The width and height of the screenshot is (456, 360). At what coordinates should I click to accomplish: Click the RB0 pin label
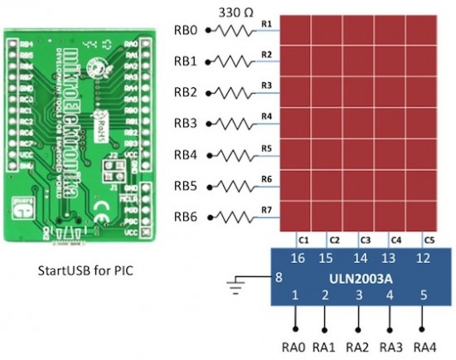coord(186,31)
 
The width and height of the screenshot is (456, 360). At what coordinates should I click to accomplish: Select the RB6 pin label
coord(186,216)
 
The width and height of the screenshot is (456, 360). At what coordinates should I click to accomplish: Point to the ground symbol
coord(239,288)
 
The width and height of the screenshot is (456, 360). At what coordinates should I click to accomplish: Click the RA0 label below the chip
coord(295,346)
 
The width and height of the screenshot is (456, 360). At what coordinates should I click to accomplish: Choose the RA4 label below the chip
coord(424,346)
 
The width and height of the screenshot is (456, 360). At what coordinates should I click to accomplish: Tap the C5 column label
coord(429,240)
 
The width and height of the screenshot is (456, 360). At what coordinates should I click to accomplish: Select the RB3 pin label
coord(186,124)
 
